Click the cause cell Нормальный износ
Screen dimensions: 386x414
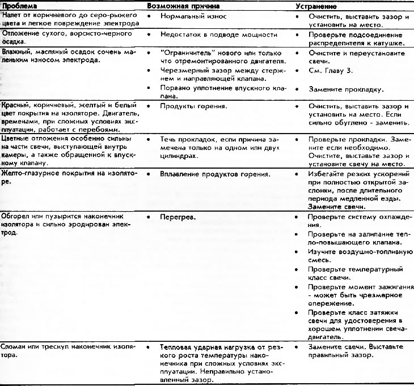point(193,17)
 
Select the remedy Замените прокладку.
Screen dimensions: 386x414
point(346,89)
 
